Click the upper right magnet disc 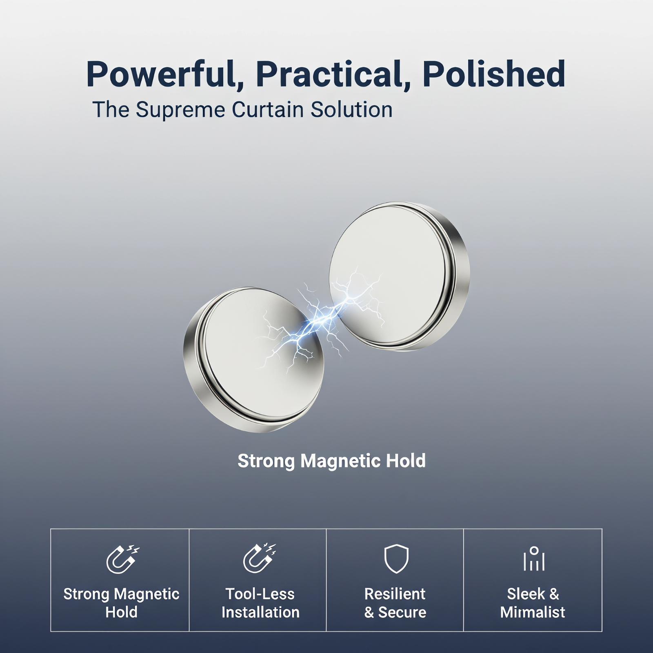point(399,276)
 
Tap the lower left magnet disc point(253,360)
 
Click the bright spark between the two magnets point(322,318)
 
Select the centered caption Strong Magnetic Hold point(331,461)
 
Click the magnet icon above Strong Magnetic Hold point(122,559)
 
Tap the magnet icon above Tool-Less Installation point(259,558)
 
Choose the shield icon point(396,558)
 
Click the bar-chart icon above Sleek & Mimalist point(534,559)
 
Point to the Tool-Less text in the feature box point(260,594)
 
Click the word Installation point(260,613)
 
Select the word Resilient point(395,594)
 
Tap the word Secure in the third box point(402,613)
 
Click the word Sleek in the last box point(526,594)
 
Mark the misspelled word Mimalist point(533,613)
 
